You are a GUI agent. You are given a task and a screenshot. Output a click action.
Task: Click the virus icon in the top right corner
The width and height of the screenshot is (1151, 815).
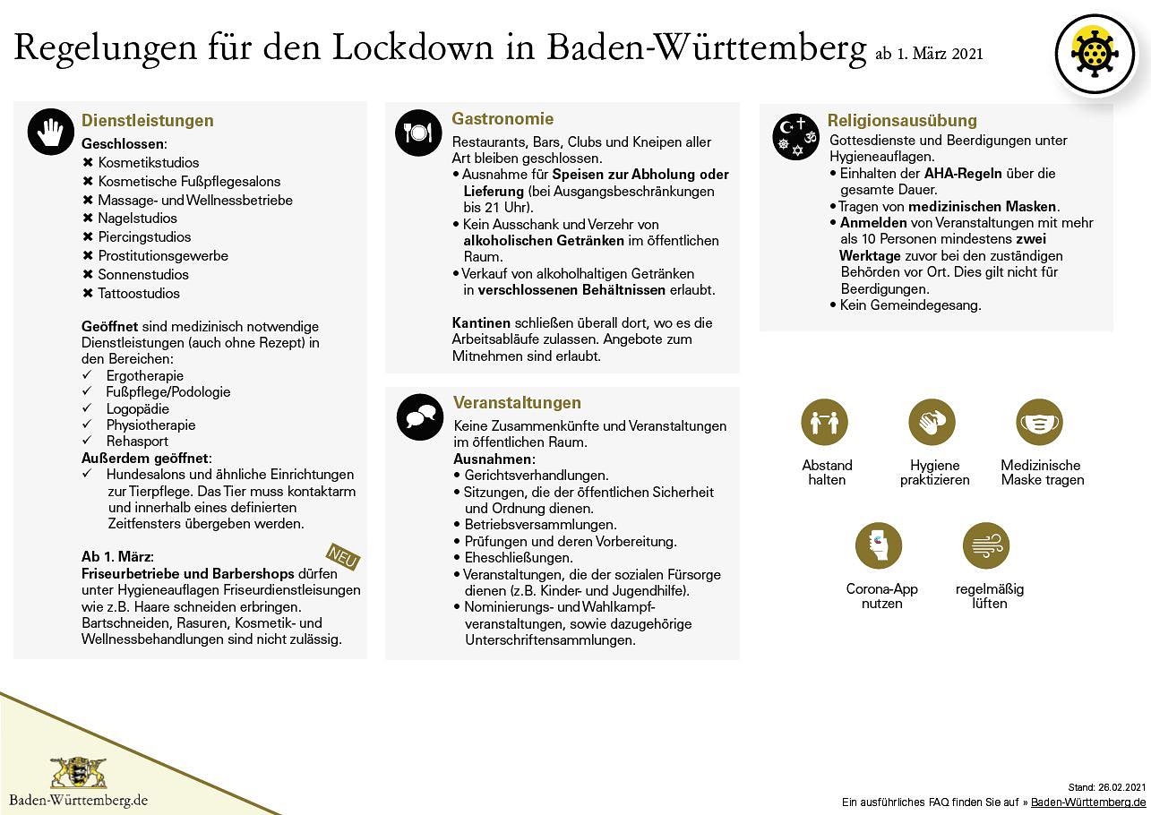[1095, 55]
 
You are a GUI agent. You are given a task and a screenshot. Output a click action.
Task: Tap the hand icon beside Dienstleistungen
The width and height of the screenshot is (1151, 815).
[51, 133]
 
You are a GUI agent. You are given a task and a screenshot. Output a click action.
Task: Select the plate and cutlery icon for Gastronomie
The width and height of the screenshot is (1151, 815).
[418, 133]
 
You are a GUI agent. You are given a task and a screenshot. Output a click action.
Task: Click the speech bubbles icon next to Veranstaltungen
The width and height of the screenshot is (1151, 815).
[419, 416]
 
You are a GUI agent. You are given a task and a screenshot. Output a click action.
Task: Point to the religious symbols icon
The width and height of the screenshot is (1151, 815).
[796, 136]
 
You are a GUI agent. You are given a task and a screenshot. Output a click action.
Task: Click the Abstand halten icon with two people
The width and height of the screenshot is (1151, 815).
[824, 423]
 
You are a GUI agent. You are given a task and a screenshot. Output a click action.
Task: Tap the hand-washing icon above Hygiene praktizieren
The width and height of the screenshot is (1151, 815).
[932, 423]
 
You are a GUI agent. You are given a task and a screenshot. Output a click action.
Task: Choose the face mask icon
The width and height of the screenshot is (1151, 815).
[1039, 423]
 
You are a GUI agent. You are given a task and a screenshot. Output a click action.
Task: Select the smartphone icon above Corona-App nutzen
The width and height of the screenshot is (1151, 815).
[878, 545]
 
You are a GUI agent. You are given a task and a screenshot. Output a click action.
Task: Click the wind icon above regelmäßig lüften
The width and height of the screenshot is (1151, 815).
[986, 545]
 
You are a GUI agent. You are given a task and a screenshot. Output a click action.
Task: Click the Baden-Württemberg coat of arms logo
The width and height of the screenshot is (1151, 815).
[78, 772]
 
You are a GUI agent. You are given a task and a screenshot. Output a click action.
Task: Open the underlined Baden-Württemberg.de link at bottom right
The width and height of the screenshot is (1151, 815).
[1088, 802]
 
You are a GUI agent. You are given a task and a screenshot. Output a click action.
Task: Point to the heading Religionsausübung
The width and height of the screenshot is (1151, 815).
[902, 120]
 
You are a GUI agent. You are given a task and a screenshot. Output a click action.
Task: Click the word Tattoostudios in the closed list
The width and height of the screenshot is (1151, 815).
[139, 294]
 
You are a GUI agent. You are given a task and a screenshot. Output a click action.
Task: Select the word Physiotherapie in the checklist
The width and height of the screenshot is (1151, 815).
[150, 425]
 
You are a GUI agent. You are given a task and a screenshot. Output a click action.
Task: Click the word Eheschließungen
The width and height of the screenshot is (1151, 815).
[519, 557]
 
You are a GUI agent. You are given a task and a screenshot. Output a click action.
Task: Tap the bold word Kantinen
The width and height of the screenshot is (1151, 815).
[481, 322]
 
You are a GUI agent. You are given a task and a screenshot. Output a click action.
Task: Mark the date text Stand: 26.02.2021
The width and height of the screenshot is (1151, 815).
[1107, 787]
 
